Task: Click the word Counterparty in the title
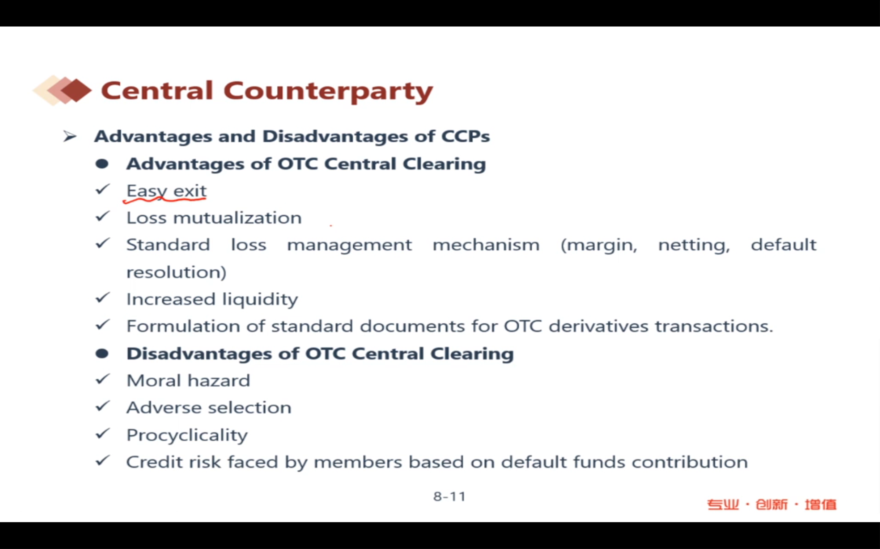328,91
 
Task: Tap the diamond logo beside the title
62,90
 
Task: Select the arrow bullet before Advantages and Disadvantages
70,137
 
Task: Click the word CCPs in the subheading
465,137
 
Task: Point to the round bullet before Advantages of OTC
102,164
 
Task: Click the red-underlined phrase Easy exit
166,191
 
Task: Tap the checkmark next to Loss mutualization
102,217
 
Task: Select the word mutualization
237,218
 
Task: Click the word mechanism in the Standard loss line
486,245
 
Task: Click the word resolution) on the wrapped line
176,272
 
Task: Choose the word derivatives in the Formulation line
598,326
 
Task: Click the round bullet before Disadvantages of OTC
102,354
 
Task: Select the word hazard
219,380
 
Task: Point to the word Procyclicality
187,435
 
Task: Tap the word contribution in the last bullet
690,462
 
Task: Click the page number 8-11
449,496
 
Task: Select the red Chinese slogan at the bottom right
771,505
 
